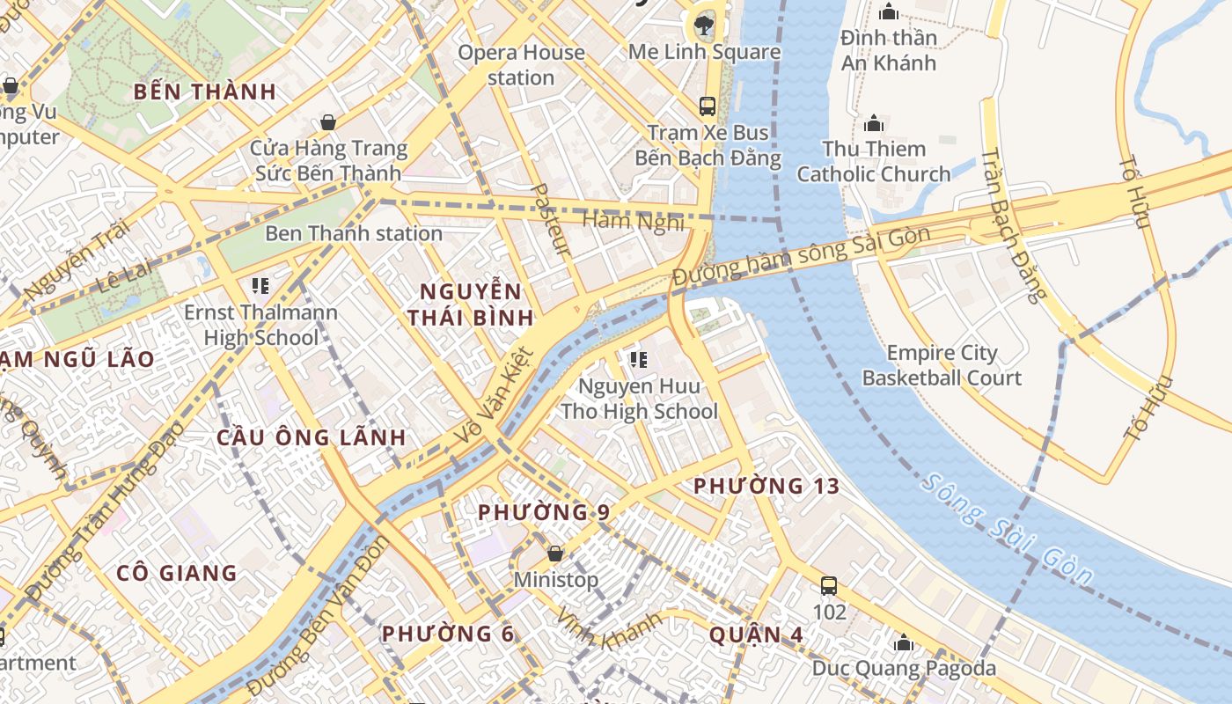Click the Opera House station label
point(521,65)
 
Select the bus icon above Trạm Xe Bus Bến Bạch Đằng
point(707,106)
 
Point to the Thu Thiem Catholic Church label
point(874,161)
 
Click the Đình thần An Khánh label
point(888,50)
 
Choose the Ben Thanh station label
point(353,233)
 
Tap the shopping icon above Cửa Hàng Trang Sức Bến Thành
point(328,122)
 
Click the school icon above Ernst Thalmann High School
point(260,286)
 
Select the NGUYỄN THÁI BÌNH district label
point(470,304)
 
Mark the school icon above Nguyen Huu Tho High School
point(639,359)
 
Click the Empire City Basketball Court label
point(942,365)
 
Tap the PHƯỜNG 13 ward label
point(766,486)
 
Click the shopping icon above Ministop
point(555,554)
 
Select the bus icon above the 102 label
point(828,586)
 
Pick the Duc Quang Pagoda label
point(904,668)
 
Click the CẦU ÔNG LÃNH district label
point(312,437)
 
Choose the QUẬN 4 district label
point(744,634)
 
